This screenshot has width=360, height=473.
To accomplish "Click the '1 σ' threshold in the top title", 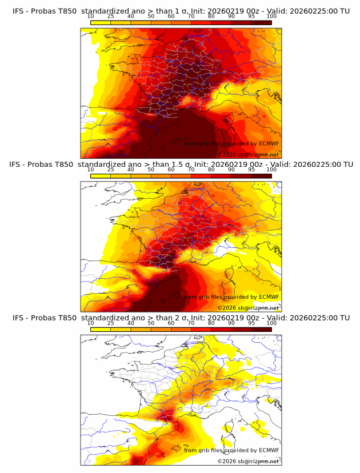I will coord(185,11).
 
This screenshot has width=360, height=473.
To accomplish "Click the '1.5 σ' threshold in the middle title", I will coord(187,165).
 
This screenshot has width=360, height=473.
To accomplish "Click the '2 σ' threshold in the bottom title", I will coord(185,318).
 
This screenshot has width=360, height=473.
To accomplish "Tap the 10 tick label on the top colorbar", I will coord(91,16).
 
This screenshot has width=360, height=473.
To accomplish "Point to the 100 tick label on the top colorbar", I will coord(271,16).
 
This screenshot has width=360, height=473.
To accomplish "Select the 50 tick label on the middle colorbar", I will coord(151,170).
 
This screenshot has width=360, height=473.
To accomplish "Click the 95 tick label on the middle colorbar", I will coord(251,170).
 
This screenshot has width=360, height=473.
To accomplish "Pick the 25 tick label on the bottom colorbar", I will coord(111,323).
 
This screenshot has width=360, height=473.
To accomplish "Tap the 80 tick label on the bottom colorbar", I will coord(211,323).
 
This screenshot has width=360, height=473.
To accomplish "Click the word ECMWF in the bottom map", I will coord(269,450).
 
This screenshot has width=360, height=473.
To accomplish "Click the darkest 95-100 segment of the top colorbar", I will coord(262,22).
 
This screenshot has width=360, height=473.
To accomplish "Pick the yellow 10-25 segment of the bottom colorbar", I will coord(101,329).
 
